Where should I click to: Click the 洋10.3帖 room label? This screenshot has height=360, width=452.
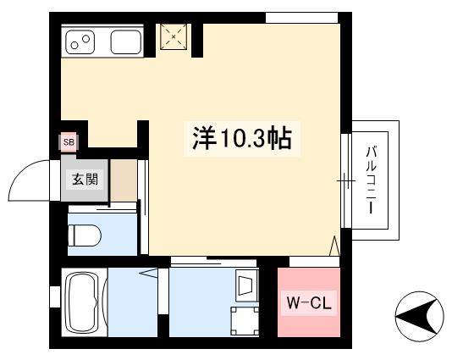(x=242, y=138)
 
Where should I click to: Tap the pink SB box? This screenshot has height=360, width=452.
(x=69, y=142)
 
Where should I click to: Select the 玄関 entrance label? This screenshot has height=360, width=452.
(x=85, y=179)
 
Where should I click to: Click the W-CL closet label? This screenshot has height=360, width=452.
(x=309, y=303)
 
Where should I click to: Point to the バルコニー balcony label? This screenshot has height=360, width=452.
(x=372, y=180)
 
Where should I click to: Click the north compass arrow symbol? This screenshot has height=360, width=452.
(x=419, y=317)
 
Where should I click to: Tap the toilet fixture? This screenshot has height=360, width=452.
(x=84, y=235)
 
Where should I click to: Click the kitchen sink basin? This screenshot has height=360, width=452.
(x=126, y=42)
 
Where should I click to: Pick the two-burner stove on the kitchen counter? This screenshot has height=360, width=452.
(x=80, y=42)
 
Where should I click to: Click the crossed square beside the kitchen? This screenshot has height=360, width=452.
(x=174, y=36)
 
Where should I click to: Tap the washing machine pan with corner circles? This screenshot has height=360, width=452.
(x=245, y=321)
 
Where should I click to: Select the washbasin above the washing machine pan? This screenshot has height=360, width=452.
(x=246, y=285)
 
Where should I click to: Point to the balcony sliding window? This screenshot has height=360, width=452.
(x=346, y=180)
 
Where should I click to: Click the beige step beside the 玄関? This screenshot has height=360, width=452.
(x=124, y=180)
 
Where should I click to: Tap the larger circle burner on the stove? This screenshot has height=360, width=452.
(x=85, y=38)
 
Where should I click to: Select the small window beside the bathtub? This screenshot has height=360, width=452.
(x=55, y=297)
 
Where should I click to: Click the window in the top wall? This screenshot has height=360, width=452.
(x=301, y=18)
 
